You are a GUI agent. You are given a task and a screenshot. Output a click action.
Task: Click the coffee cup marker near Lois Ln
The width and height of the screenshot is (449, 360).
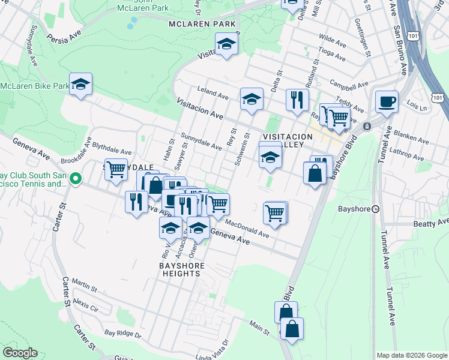pyautogui.click(x=387, y=101)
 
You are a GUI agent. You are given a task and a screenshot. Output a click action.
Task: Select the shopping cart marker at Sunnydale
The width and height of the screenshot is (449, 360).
pyautogui.click(x=116, y=169)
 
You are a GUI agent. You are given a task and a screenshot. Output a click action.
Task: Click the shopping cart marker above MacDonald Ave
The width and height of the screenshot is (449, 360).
pyautogui.click(x=274, y=212)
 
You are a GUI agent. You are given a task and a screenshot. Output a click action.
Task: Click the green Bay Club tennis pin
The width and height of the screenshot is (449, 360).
pyautogui.click(x=76, y=178)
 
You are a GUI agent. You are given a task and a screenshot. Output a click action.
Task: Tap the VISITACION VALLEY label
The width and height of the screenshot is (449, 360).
pyautogui.click(x=288, y=141)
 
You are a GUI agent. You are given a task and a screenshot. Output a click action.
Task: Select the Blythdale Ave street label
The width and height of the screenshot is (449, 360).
pyautogui.click(x=112, y=149)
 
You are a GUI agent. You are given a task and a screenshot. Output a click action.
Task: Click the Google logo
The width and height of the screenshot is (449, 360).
pyautogui.click(x=20, y=353)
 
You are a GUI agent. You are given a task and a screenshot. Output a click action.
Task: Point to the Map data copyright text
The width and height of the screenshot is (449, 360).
pyautogui.click(x=411, y=355)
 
